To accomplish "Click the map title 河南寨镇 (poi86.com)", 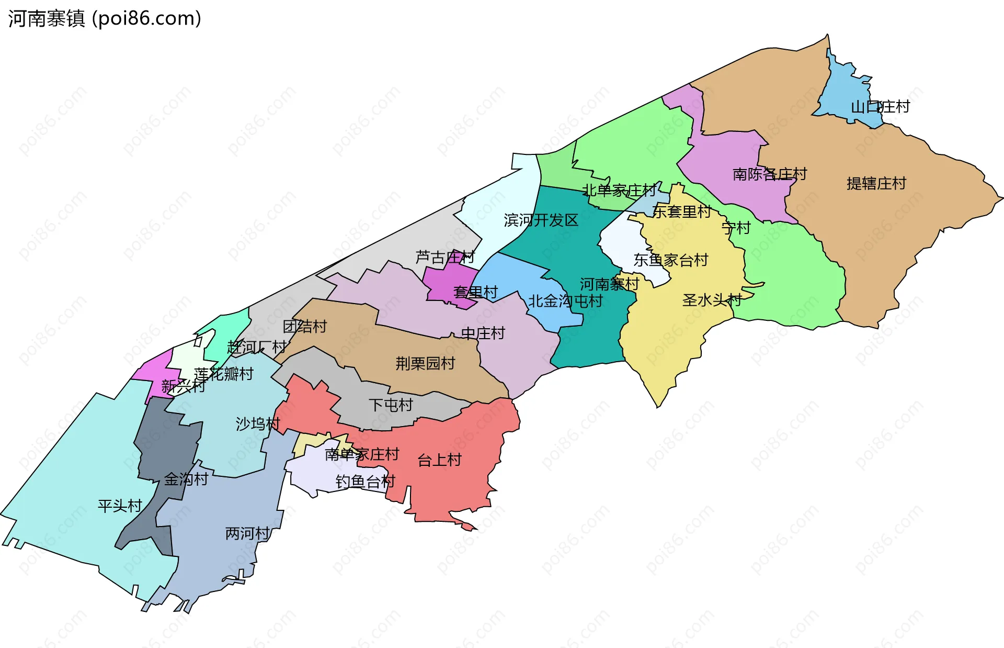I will (105, 19).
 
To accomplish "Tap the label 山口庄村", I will (880, 107).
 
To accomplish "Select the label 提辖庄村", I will (876, 184).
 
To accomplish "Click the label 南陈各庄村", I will (769, 174).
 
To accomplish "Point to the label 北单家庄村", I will (619, 191).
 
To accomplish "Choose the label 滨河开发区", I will (541, 220).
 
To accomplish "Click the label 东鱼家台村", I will (670, 260).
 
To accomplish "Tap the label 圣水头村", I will (712, 300).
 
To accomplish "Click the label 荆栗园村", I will (425, 363).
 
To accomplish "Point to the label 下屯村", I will (391, 405).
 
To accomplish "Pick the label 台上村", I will (439, 461).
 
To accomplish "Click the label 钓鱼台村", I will (365, 482).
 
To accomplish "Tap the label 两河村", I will (247, 534).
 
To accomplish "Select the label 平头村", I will (120, 506).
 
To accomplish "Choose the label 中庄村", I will (483, 333).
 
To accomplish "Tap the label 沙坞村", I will (258, 424).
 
